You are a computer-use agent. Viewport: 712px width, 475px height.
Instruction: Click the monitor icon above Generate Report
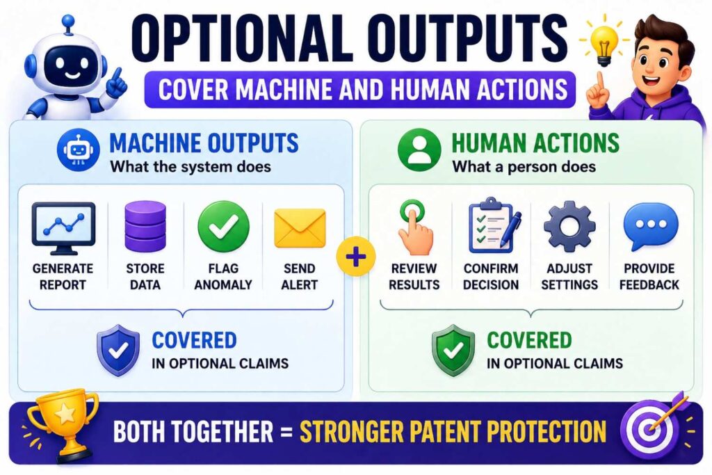point(64,227)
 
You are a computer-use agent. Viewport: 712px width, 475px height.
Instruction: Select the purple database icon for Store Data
point(145,225)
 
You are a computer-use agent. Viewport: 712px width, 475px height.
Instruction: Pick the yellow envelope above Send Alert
point(300,227)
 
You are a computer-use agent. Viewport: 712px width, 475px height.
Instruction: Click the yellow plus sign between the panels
point(355,258)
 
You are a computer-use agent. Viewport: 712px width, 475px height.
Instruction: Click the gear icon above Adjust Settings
point(569,227)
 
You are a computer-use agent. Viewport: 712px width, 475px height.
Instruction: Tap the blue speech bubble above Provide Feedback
point(650,227)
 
